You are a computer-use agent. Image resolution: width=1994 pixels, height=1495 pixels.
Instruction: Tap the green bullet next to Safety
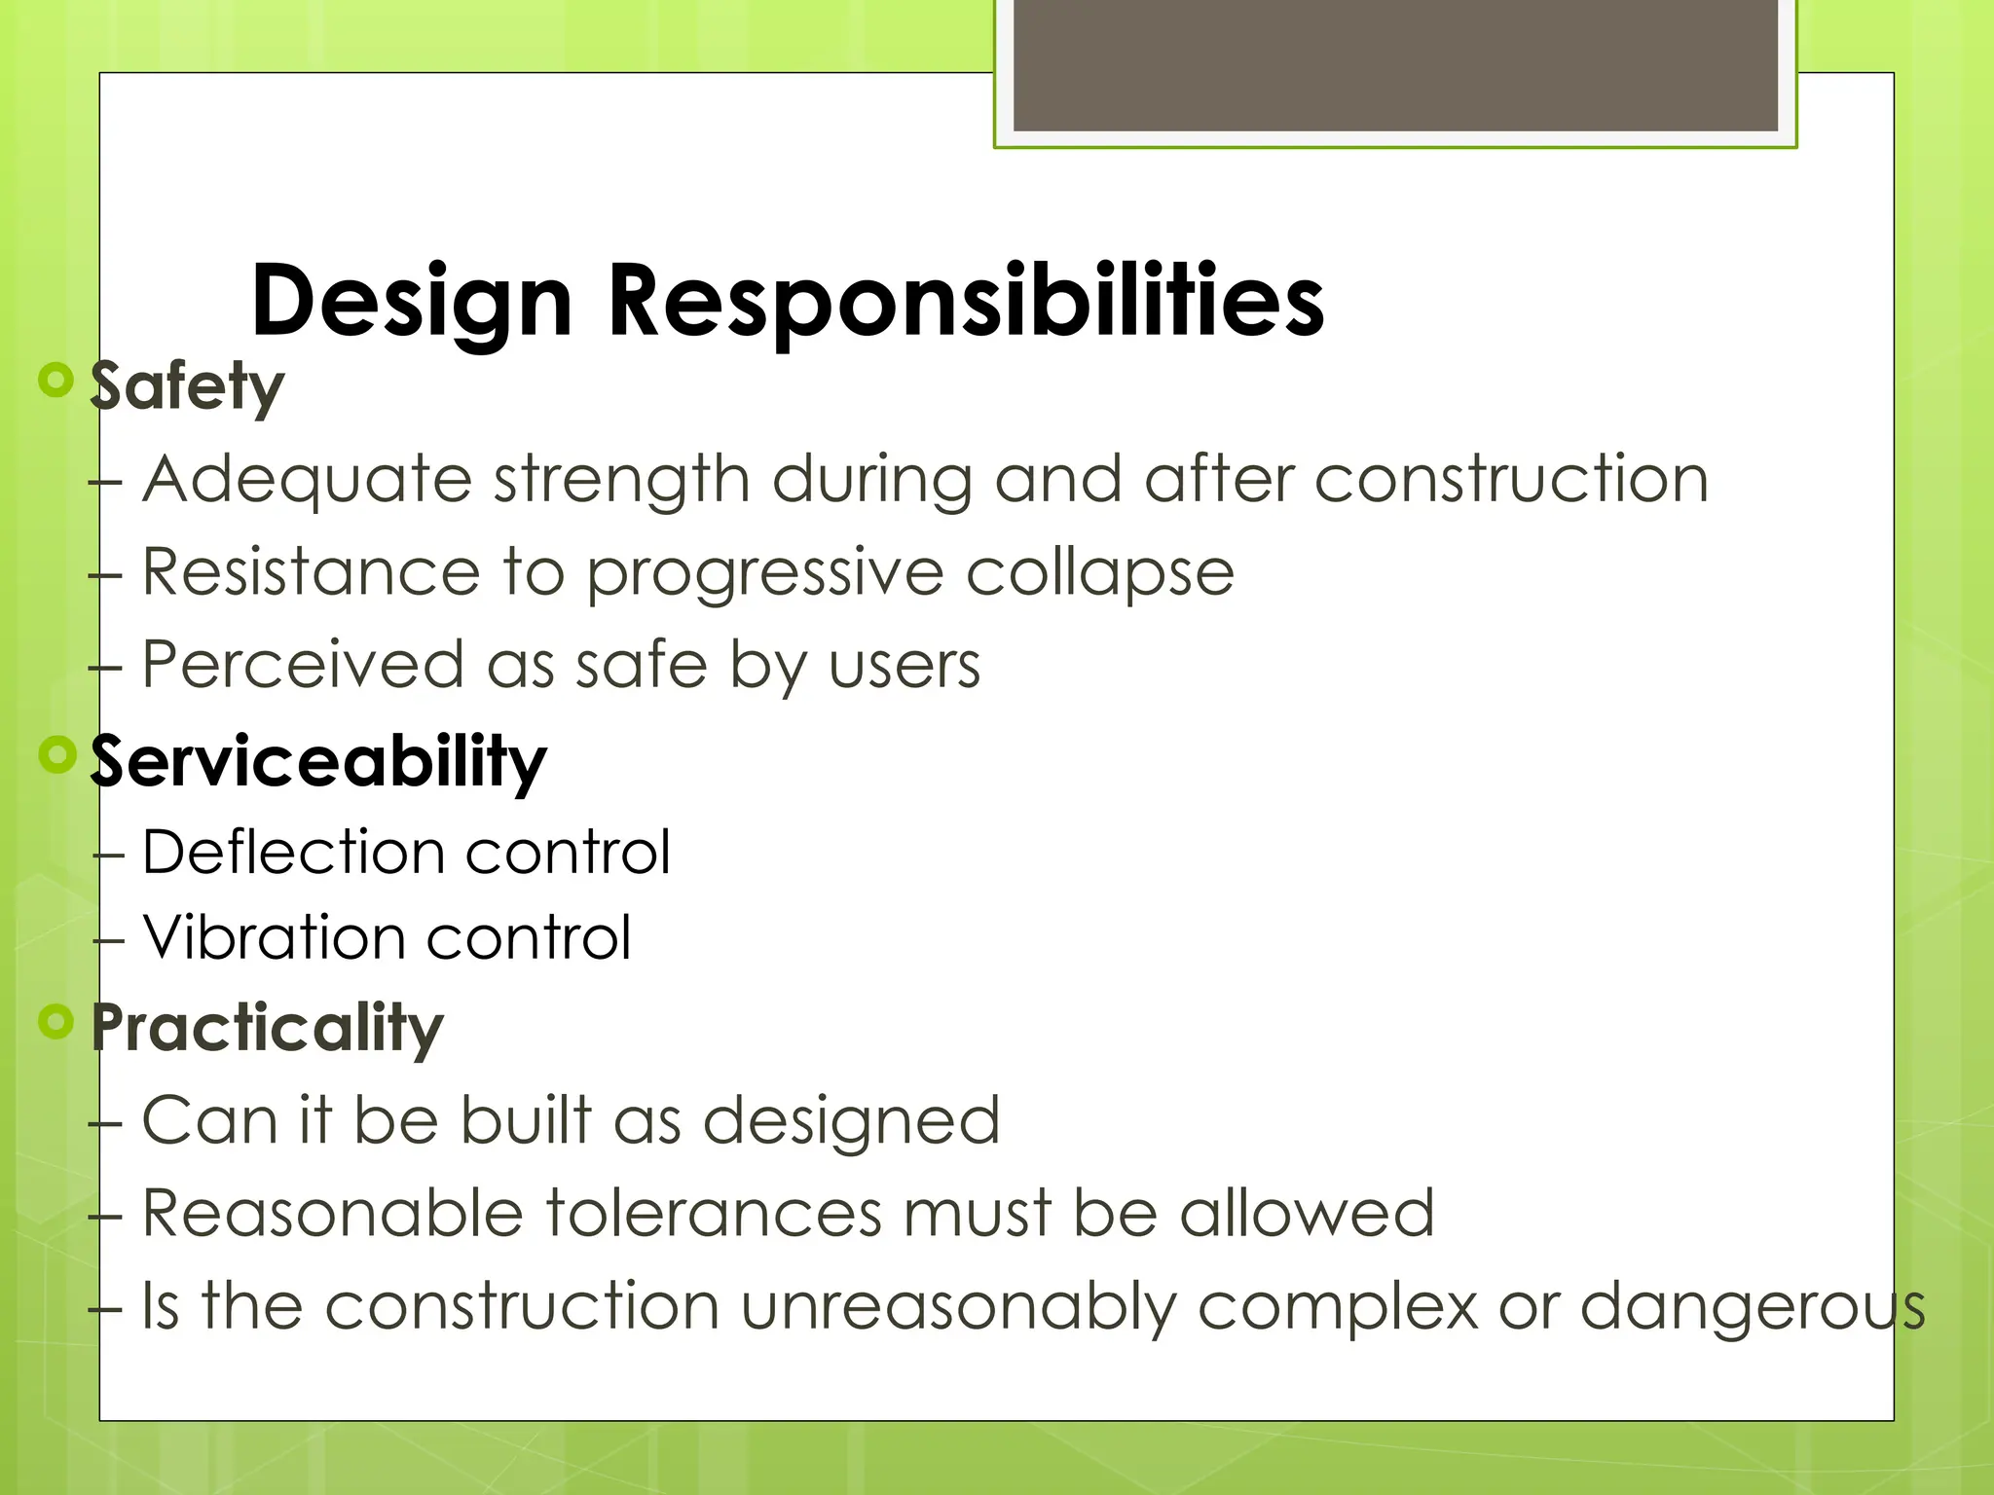[56, 380]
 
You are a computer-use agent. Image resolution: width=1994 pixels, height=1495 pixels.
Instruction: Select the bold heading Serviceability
[318, 762]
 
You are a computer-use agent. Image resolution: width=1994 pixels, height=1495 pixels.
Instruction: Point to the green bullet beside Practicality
[56, 1021]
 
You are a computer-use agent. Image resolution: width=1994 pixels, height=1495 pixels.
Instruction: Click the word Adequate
[307, 480]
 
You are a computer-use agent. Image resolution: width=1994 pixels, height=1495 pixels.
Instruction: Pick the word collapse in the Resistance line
[1099, 573]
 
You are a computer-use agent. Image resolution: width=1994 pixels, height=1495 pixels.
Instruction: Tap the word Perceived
[303, 665]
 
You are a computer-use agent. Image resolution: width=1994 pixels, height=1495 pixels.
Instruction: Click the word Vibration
[274, 937]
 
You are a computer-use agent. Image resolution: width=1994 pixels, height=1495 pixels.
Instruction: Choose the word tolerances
[713, 1213]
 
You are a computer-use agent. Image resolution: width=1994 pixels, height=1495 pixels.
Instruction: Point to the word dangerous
[1753, 1307]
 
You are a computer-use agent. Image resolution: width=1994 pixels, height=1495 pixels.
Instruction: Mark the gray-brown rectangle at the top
[1395, 64]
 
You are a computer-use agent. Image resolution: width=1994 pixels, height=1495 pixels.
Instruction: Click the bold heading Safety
[187, 386]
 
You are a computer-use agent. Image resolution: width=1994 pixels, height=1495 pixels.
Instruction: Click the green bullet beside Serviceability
[57, 753]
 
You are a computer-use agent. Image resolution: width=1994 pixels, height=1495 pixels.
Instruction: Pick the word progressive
[764, 573]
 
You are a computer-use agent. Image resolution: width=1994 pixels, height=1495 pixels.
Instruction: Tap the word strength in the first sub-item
[621, 480]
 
